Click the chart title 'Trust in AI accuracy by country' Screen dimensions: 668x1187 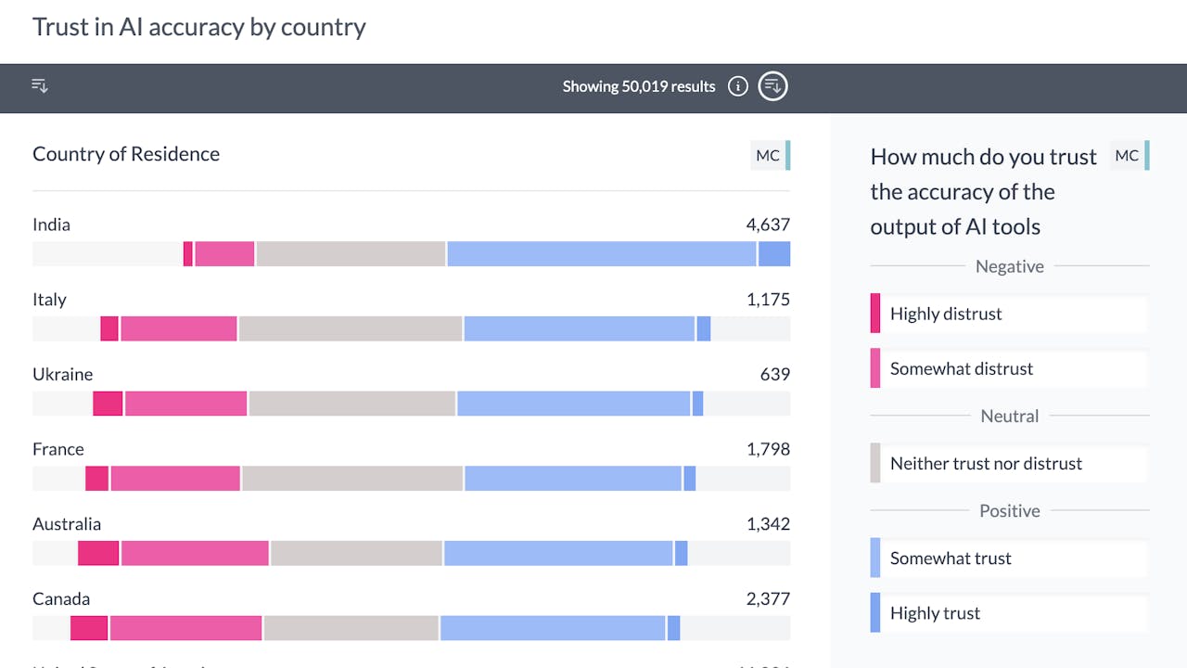tap(199, 27)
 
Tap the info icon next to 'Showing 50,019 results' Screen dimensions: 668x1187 tap(737, 87)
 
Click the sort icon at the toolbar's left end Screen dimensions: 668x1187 tap(40, 86)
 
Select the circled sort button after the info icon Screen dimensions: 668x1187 tap(772, 87)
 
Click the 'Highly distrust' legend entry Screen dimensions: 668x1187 tap(946, 314)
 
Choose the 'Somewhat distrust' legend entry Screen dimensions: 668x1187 tap(961, 368)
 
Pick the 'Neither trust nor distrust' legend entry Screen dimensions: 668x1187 tap(986, 463)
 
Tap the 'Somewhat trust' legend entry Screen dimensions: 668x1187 tap(951, 558)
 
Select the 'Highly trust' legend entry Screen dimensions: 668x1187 tap(935, 612)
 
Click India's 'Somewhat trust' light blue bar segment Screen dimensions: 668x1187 tap(601, 254)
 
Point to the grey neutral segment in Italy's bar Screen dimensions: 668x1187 tap(351, 328)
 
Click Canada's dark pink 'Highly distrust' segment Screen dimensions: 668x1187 tap(89, 628)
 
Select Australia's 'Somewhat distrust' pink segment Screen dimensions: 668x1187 tap(195, 553)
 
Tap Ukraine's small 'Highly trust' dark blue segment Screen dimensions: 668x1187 tap(697, 404)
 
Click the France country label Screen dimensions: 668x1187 tap(58, 449)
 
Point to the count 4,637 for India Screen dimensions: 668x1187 tap(768, 225)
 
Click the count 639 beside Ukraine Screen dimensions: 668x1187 tap(774, 374)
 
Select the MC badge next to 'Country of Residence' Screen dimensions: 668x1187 tap(768, 155)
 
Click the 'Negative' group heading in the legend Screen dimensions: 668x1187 tap(1009, 266)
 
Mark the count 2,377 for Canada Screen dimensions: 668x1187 tap(768, 598)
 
